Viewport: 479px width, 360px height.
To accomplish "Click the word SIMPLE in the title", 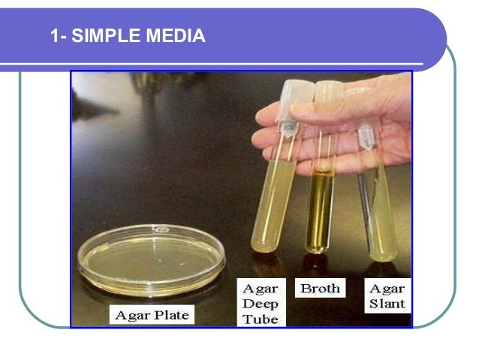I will coord(102,35).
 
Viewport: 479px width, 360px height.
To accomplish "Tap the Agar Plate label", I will coord(151,315).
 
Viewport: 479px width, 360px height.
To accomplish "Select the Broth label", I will coord(321,289).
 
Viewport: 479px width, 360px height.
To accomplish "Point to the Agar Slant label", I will coord(387,296).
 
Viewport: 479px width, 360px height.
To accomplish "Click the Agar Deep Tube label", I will coord(260,303).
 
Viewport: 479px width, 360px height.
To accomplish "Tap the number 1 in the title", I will coord(55,35).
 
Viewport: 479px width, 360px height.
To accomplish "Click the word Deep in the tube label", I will coord(260,304).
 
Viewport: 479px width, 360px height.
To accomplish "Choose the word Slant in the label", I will coord(387,304).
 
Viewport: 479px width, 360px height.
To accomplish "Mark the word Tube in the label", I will coord(260,319).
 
